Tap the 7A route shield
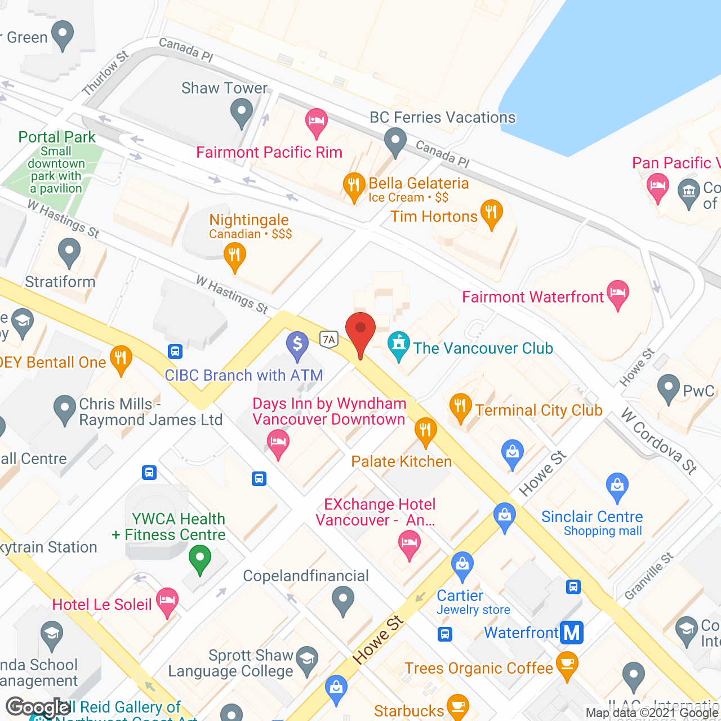tap(328, 339)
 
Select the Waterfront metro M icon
tap(572, 633)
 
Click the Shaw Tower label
tap(224, 88)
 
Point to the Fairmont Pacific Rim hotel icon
tap(317, 122)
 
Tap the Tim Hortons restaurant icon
tap(492, 213)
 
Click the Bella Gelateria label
tap(419, 184)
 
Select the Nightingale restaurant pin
tap(234, 256)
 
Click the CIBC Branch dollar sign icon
tap(297, 344)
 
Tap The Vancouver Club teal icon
tap(399, 345)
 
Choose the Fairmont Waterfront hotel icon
tap(618, 293)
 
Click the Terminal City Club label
tap(538, 410)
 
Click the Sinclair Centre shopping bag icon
tap(617, 486)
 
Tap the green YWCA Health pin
tap(199, 560)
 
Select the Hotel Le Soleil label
tap(102, 604)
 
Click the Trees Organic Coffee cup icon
tap(567, 665)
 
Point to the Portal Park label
tap(57, 137)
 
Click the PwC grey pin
tap(669, 388)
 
